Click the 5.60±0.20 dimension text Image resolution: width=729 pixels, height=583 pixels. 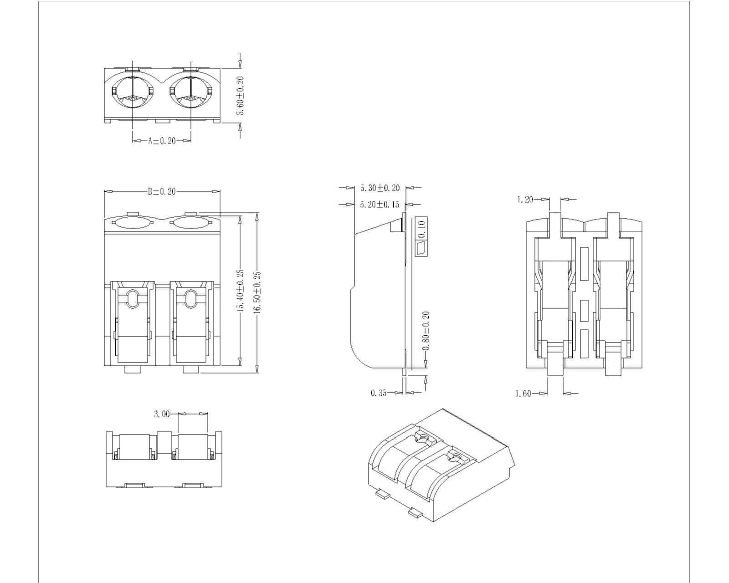pyautogui.click(x=241, y=96)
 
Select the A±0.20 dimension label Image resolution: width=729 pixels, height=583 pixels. pyautogui.click(x=162, y=141)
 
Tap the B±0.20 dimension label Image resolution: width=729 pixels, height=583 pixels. pyautogui.click(x=162, y=192)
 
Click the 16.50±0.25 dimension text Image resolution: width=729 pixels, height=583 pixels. pyautogui.click(x=257, y=292)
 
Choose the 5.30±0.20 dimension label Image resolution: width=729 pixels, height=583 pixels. pyautogui.click(x=380, y=188)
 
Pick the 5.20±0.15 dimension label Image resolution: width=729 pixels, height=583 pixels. pyautogui.click(x=380, y=205)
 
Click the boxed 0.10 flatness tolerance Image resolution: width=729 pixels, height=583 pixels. pyautogui.click(x=421, y=228)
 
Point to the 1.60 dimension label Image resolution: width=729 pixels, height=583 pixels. pyautogui.click(x=523, y=394)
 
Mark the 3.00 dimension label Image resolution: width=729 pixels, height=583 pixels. pyautogui.click(x=162, y=414)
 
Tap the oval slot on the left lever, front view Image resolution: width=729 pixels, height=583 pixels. pyautogui.click(x=132, y=299)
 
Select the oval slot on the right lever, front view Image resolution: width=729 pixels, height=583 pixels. pyautogui.click(x=190, y=299)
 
